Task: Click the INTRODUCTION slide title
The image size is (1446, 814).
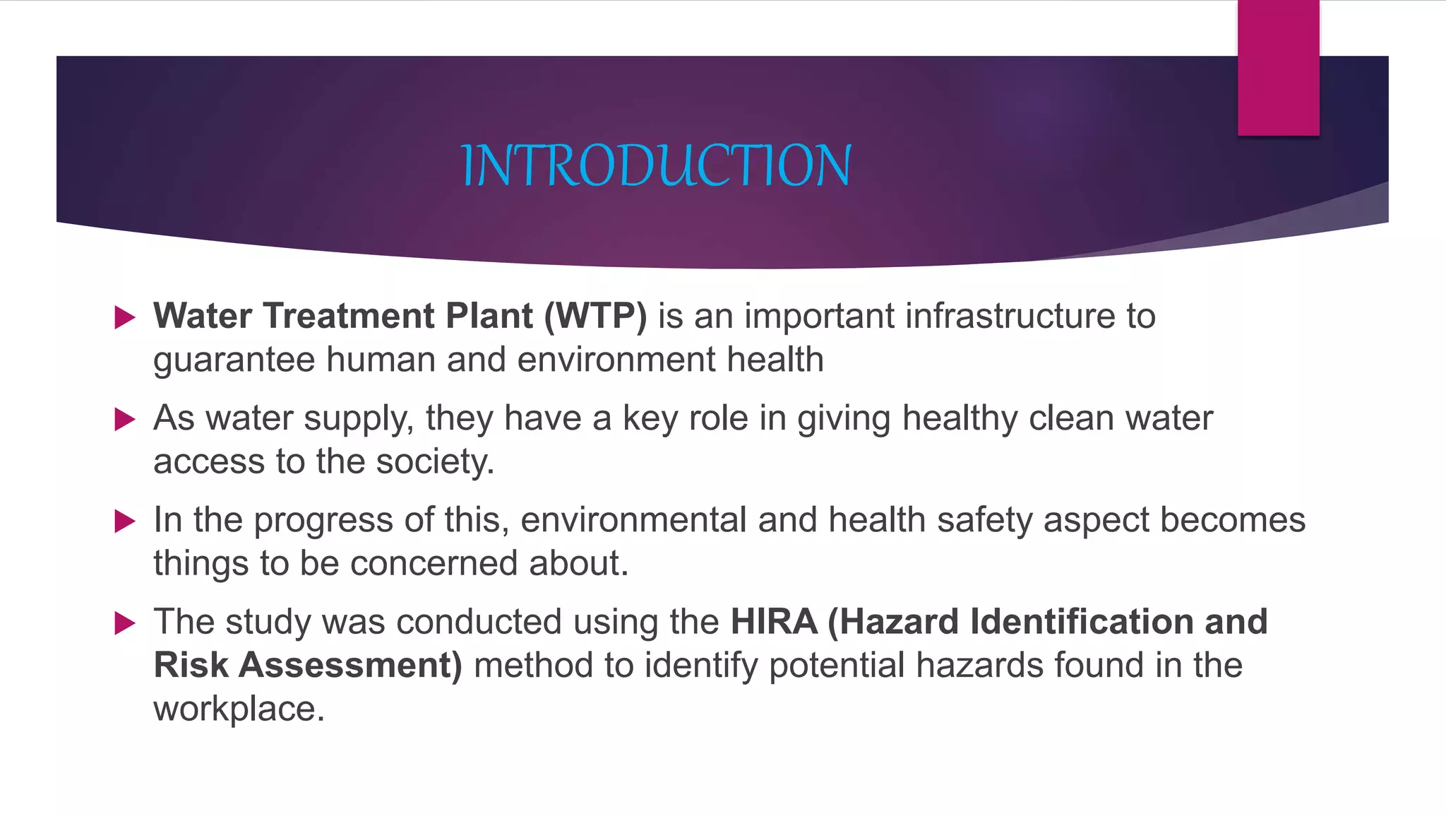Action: point(656,165)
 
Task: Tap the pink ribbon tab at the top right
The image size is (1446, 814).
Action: point(1278,68)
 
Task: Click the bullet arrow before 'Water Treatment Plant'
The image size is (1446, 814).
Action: point(125,317)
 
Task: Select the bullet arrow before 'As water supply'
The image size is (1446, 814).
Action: point(125,420)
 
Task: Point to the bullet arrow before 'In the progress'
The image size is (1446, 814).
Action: point(125,521)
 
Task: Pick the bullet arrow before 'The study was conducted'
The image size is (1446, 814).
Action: point(125,623)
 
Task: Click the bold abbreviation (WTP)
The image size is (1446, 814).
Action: point(595,316)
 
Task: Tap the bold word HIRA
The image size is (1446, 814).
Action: point(774,622)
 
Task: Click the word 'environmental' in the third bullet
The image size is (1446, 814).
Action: point(633,520)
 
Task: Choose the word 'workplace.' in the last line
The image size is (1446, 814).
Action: point(239,709)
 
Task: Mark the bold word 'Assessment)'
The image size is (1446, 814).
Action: point(350,666)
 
